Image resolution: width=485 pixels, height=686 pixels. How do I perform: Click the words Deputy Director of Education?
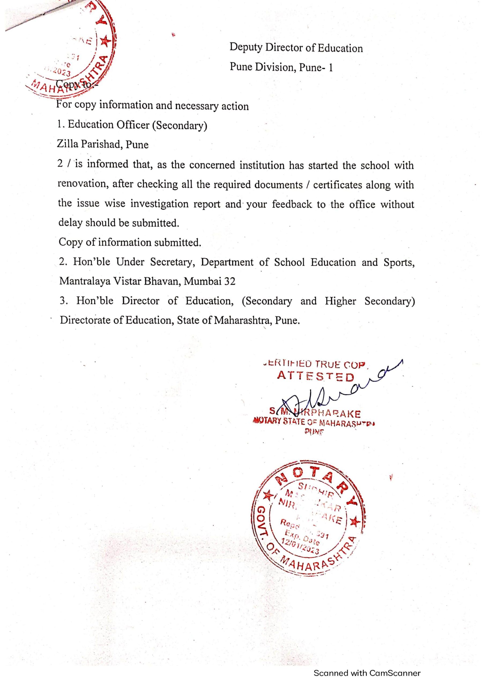[296, 48]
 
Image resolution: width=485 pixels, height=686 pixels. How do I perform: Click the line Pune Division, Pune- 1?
[281, 67]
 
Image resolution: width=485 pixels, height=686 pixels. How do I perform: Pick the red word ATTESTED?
[315, 376]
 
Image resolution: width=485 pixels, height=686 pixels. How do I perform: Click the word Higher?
[340, 301]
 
